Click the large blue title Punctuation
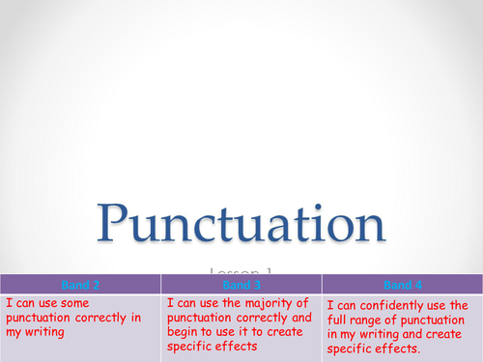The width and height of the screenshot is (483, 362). [x=242, y=224]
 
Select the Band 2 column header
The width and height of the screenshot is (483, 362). [x=79, y=285]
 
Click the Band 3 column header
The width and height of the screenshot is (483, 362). [x=241, y=285]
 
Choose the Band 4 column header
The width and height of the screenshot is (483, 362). [x=401, y=285]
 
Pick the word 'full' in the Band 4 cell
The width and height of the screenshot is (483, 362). [x=341, y=320]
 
